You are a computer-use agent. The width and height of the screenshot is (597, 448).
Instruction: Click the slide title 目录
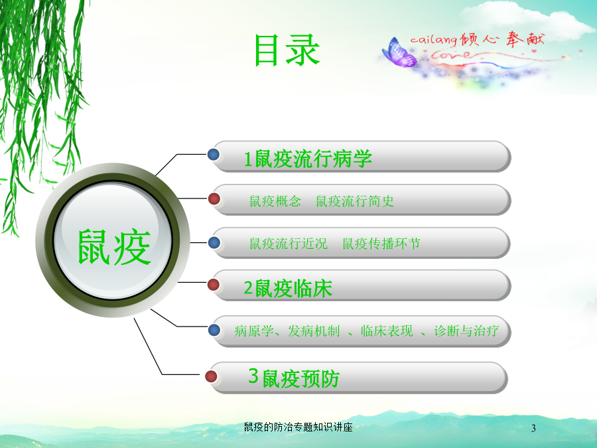287,50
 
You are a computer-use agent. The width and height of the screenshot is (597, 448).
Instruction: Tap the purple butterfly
399,53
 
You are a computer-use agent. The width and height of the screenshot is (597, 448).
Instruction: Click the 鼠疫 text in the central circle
114,247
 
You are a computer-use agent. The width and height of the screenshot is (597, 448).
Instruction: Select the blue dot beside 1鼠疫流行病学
214,154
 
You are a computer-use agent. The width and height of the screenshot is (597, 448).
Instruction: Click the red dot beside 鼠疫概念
214,198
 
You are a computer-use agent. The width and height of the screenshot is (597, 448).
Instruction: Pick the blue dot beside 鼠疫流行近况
214,242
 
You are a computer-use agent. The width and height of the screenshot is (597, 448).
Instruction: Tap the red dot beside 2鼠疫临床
213,284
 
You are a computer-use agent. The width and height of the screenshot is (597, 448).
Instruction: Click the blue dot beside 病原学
214,330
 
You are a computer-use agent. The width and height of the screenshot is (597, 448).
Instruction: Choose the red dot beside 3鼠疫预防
211,376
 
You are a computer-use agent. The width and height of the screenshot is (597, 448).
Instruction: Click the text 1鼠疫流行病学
308,159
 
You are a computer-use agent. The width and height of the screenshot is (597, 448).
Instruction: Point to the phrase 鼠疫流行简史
355,201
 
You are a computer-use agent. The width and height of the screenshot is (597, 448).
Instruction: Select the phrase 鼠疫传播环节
381,244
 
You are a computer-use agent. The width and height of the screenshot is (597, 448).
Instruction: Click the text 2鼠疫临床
288,289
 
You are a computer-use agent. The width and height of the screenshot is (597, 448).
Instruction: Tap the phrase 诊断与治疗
466,331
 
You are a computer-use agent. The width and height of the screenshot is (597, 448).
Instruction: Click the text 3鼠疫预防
294,378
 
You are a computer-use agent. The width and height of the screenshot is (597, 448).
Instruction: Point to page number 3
533,428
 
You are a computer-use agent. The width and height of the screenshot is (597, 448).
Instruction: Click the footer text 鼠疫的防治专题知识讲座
298,427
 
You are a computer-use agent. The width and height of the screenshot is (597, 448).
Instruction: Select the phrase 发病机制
314,331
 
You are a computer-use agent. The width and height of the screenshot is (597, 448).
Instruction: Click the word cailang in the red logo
434,40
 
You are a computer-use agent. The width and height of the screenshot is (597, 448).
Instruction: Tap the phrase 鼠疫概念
275,201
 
